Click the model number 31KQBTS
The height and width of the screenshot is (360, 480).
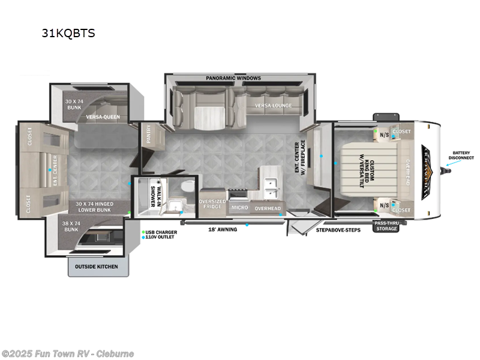click(68, 33)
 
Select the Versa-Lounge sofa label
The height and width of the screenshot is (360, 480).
click(273, 106)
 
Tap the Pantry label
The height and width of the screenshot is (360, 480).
click(148, 136)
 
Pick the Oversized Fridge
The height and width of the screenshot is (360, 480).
click(212, 205)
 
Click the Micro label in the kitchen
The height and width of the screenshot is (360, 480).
click(240, 208)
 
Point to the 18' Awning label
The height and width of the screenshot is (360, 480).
click(222, 229)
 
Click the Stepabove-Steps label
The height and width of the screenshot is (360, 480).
click(338, 229)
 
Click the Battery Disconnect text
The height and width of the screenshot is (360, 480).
click(460, 155)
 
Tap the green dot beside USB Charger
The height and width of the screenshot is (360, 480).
click(144, 232)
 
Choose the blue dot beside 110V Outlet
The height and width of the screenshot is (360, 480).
click(144, 237)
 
